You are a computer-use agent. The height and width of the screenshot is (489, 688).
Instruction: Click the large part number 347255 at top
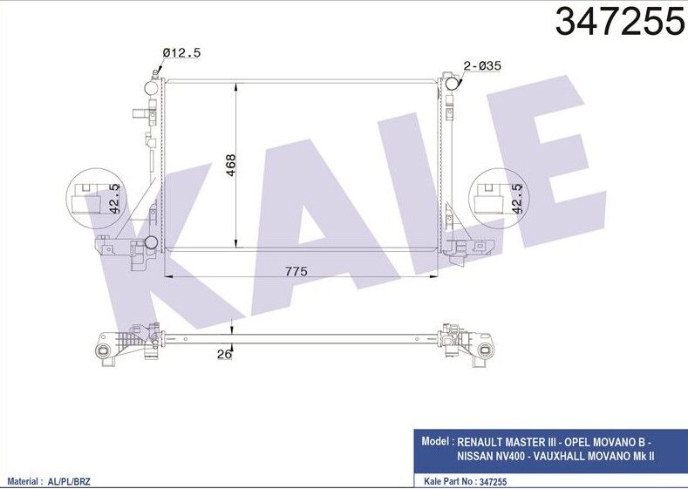click(619, 22)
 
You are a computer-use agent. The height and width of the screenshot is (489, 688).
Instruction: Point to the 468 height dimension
click(230, 165)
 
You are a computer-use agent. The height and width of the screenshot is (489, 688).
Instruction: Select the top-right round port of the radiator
click(452, 85)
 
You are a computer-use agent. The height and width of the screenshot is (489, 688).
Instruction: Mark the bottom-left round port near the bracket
click(152, 241)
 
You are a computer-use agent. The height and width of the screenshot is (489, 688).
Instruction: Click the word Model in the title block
click(435, 441)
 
